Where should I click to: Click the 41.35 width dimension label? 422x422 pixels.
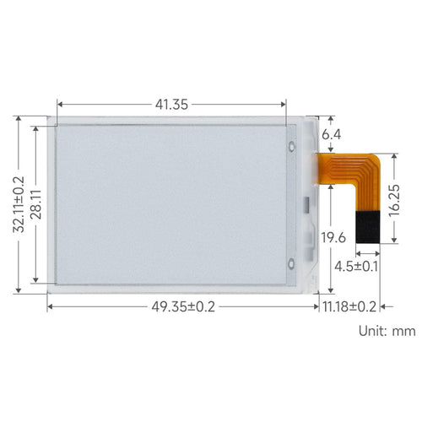(x=171, y=105)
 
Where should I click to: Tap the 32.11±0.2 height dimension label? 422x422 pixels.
(x=18, y=204)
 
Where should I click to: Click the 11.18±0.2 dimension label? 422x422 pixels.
(x=350, y=306)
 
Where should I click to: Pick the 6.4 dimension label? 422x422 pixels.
(x=332, y=134)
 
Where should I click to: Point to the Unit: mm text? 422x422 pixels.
(x=387, y=331)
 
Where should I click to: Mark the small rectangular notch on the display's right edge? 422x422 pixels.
(x=306, y=203)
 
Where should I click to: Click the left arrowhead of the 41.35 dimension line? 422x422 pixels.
(x=60, y=105)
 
